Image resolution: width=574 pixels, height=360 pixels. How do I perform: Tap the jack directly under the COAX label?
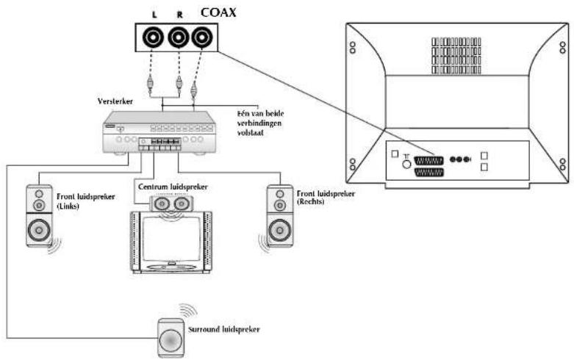click(201, 37)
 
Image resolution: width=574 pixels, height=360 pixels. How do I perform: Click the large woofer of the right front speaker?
click(279, 232)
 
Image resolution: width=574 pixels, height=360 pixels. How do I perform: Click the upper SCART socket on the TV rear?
click(428, 160)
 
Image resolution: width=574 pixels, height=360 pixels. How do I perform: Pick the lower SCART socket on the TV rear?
click(428, 173)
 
